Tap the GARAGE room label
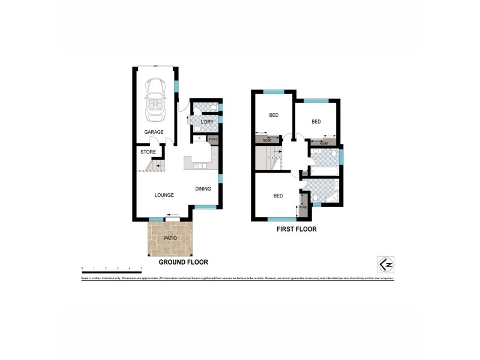coord(154,133)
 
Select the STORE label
coord(148,152)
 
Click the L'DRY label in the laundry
coord(206,122)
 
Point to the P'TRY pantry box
coord(212,139)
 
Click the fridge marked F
coord(199,139)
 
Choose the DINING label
coord(203,189)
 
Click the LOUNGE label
coord(164,195)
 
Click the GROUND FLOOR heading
coord(183,262)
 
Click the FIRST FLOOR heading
coord(296,229)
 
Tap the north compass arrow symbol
coord(385,264)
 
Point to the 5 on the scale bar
coord(141,268)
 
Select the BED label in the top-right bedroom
coord(316,122)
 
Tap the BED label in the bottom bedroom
coord(278,196)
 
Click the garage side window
coord(176,85)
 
